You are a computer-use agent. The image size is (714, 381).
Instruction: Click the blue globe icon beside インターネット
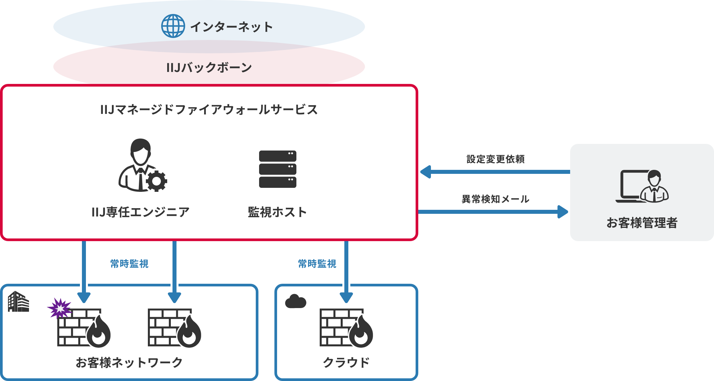173,26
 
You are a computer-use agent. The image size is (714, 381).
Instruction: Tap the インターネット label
231,27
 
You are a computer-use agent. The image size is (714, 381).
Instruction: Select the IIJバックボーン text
209,68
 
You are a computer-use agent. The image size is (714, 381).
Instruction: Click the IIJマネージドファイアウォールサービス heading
209,110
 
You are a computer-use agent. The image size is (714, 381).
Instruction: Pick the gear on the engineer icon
157,181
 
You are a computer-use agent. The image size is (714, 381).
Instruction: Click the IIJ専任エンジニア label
140,212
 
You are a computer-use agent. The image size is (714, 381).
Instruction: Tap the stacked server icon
277,169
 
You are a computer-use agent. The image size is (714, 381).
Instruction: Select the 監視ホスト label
277,212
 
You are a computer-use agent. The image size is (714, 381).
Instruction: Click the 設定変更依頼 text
495,159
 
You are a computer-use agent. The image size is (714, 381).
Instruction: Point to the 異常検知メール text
495,199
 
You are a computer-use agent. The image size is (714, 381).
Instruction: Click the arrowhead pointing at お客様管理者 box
562,212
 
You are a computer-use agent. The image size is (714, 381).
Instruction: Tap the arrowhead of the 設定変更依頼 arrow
426,172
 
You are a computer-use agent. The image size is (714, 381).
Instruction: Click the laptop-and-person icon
642,186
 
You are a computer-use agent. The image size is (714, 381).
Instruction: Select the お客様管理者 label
642,223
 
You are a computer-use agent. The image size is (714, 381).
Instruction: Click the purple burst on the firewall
59,308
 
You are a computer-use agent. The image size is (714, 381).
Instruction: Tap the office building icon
18,302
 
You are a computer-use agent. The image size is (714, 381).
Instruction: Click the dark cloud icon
295,301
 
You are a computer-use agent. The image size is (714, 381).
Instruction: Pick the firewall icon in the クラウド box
346,328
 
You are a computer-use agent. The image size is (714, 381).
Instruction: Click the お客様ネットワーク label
129,362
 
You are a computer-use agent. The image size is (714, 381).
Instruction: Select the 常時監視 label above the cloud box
317,264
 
